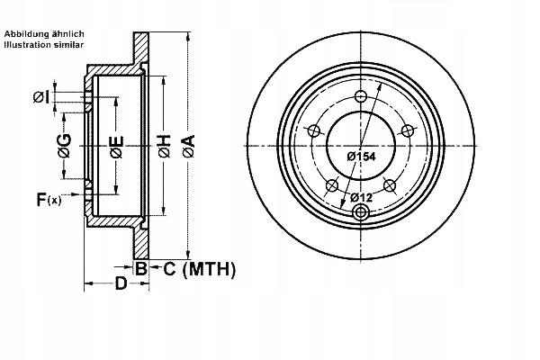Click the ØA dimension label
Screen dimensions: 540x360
pyautogui.click(x=188, y=146)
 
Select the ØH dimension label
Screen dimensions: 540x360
pyautogui.click(x=165, y=147)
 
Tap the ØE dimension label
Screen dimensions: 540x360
pyautogui.click(x=117, y=147)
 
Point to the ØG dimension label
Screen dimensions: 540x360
pyautogui.click(x=65, y=145)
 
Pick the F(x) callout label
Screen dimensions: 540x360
pyautogui.click(x=49, y=200)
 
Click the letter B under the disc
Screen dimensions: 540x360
pyautogui.click(x=141, y=268)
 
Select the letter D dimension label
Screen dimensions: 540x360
pyautogui.click(x=121, y=283)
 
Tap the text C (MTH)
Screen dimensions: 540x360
pyautogui.click(x=200, y=269)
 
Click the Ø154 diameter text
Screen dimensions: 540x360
pyautogui.click(x=361, y=157)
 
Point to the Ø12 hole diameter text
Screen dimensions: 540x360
pyautogui.click(x=362, y=197)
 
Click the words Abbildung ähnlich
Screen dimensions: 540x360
pyautogui.click(x=44, y=34)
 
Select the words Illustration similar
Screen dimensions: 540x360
pyautogui.click(x=44, y=44)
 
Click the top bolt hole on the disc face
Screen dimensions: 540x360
pyautogui.click(x=361, y=96)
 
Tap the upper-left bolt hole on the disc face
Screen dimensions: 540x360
pyautogui.click(x=314, y=130)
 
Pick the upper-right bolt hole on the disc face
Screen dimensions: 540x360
pyautogui.click(x=408, y=130)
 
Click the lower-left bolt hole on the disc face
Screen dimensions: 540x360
pyautogui.click(x=332, y=185)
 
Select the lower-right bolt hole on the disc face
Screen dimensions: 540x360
pyautogui.click(x=390, y=185)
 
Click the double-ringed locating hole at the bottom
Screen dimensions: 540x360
pyautogui.click(x=361, y=212)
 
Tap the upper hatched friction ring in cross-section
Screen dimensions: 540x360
pyautogui.click(x=141, y=49)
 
